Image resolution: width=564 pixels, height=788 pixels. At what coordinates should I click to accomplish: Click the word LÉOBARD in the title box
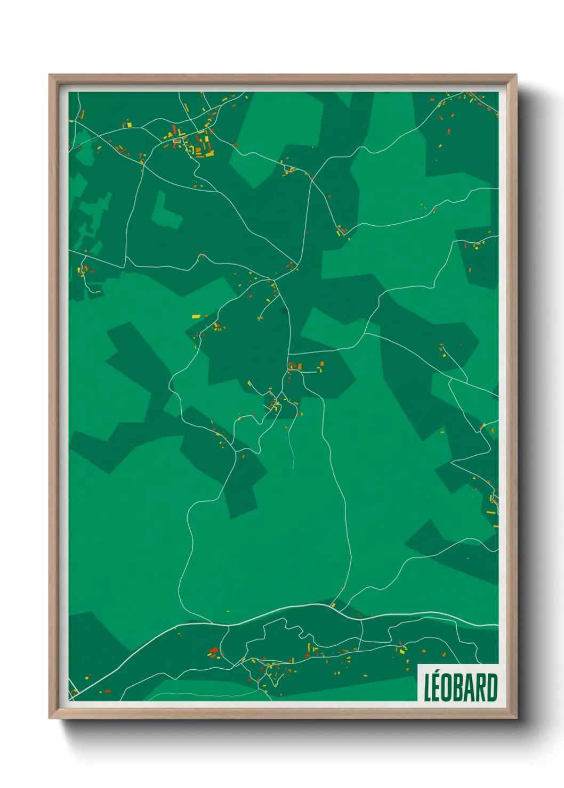click(461, 687)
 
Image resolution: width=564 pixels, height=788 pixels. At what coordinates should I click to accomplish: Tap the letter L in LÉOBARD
click(428, 688)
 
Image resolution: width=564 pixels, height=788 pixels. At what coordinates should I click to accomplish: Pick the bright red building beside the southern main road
click(214, 650)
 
